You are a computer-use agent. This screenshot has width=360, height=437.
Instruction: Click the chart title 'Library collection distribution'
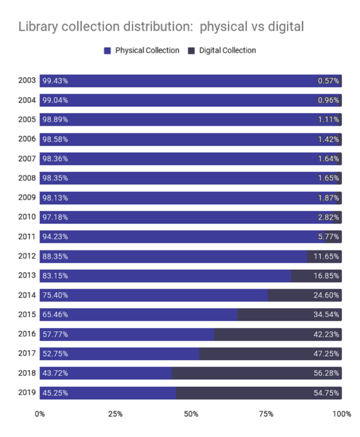[161, 27]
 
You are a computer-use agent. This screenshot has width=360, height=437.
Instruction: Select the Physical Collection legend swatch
[107, 51]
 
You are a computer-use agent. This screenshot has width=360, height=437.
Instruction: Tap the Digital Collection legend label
[227, 51]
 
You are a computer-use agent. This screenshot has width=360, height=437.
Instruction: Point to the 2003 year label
[27, 81]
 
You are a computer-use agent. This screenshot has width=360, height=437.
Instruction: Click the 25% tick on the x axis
[115, 414]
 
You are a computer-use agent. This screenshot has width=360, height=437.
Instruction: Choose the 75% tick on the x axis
[266, 414]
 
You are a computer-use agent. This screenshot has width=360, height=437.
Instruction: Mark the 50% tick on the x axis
[191, 414]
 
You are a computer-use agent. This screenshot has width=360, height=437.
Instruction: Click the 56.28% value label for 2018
[326, 373]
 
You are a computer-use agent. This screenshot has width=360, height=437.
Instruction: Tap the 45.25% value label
[55, 393]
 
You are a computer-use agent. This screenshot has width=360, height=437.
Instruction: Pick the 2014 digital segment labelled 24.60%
[305, 295]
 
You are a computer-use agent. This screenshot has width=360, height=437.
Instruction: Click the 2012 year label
[27, 256]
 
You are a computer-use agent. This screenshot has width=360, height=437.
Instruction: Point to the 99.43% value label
[55, 81]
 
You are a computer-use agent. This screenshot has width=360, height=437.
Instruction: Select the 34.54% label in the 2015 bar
[326, 315]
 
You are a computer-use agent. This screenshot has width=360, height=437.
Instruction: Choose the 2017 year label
[27, 354]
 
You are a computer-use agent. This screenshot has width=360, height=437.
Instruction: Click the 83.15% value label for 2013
[55, 276]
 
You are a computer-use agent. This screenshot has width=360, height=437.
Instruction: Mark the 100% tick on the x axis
[341, 414]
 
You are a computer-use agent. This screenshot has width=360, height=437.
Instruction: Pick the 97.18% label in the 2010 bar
[55, 217]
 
